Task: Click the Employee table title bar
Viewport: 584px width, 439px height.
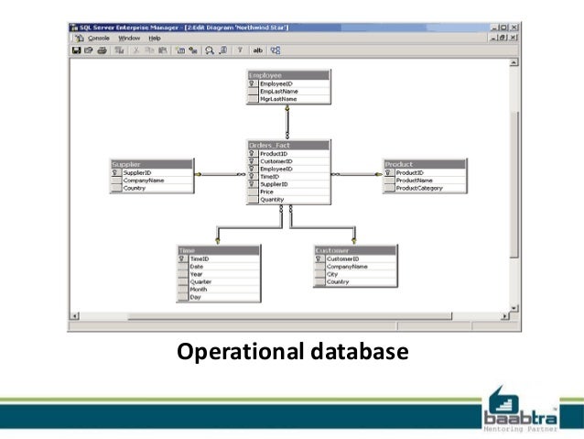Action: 287,75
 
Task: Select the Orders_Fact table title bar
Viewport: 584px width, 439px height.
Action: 287,145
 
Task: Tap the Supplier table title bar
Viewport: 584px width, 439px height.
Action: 152,164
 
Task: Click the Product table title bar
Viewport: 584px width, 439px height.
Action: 424,164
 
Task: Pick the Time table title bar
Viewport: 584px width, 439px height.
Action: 218,249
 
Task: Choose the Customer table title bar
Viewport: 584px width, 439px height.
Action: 355,249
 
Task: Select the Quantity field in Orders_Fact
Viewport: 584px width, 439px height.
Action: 273,199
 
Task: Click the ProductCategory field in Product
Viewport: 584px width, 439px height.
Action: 420,188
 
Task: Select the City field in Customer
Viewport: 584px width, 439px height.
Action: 333,274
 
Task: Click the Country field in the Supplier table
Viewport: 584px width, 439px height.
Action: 135,188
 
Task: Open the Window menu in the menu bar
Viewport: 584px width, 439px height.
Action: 129,38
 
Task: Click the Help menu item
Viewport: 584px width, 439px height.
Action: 155,38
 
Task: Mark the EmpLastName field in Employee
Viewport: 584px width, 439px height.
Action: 279,91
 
